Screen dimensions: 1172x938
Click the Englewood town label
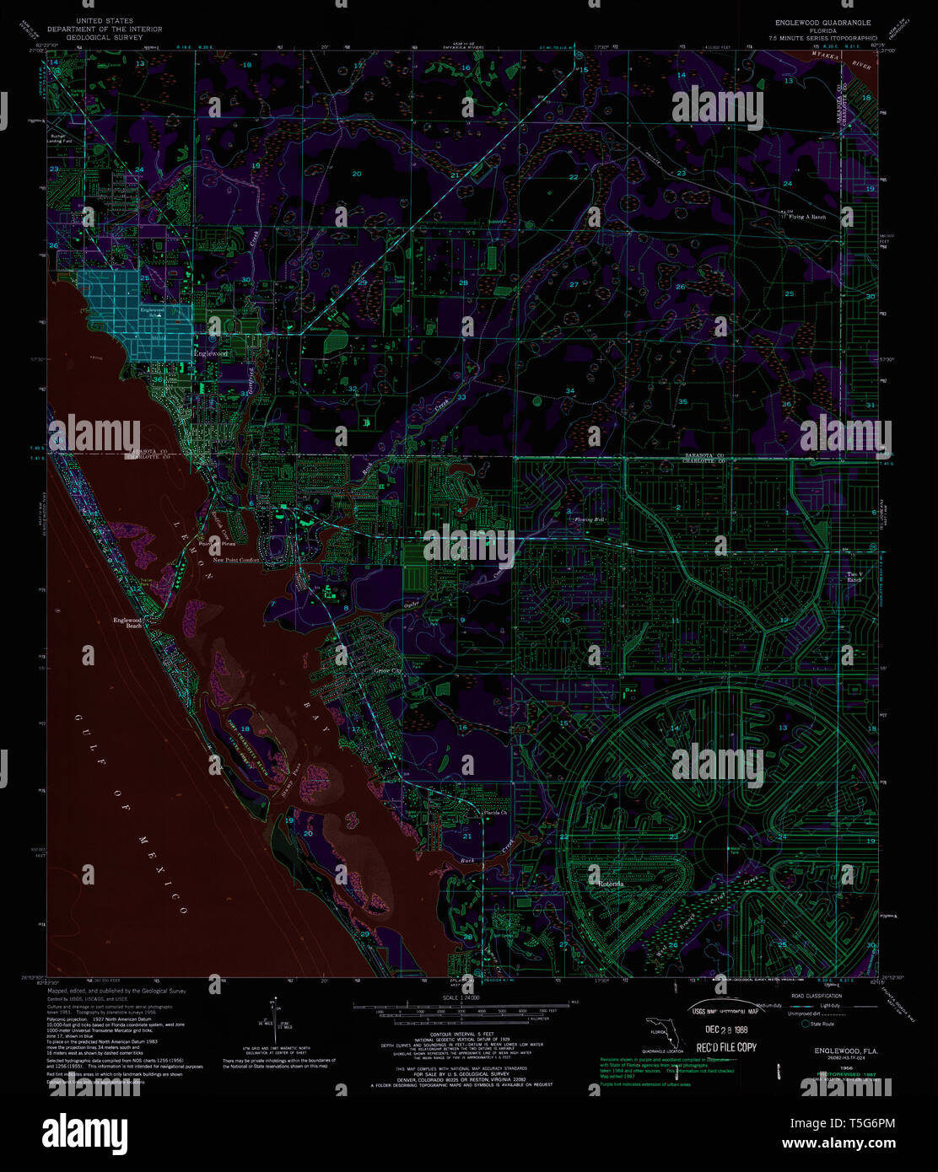click(x=211, y=353)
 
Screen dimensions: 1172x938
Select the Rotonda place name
click(x=610, y=884)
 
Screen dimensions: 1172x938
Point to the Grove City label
click(x=389, y=671)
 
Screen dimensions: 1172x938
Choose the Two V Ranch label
click(x=856, y=577)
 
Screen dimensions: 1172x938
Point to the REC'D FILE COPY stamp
click(x=724, y=1047)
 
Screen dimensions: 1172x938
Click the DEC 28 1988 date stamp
click(x=722, y=1030)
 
